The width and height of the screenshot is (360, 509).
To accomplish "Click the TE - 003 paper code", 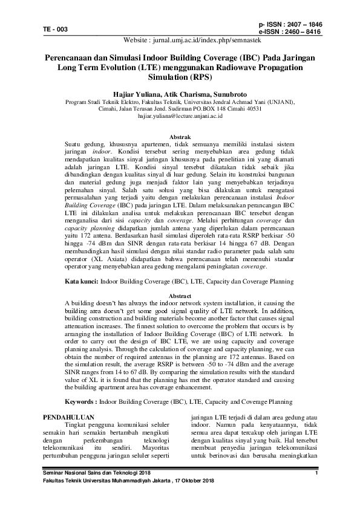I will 55,29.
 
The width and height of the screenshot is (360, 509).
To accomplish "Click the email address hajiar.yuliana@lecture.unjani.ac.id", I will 180,114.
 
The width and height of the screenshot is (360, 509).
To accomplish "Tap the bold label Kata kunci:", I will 82,282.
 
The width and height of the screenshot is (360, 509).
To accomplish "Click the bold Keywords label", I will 81,401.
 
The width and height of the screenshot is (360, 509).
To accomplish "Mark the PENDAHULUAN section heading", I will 70,417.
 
